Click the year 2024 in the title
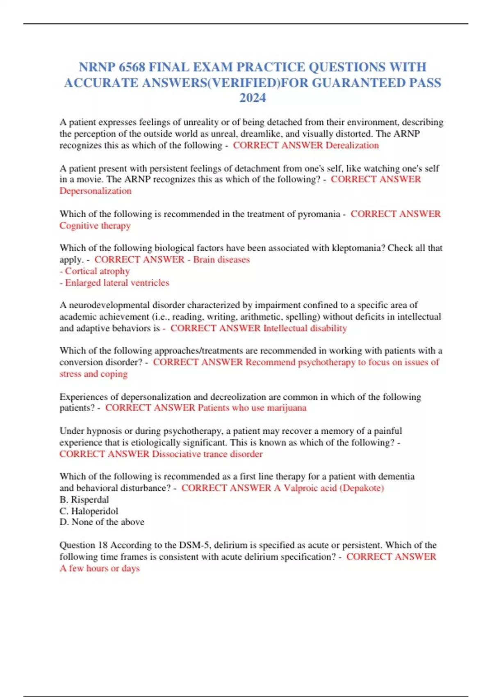pos(253,98)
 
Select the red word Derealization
pos(352,145)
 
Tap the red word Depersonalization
pos(96,191)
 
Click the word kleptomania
pos(358,248)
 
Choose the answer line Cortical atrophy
pos(97,271)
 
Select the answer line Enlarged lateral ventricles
pos(117,282)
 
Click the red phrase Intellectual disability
pos(305,328)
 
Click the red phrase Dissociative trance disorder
pos(207,454)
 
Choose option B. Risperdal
pos(84,499)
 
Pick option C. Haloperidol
pos(89,511)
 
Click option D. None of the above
pos(102,522)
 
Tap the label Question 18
pos(83,545)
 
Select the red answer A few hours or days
pos(100,568)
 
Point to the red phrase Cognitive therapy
pos(95,225)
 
